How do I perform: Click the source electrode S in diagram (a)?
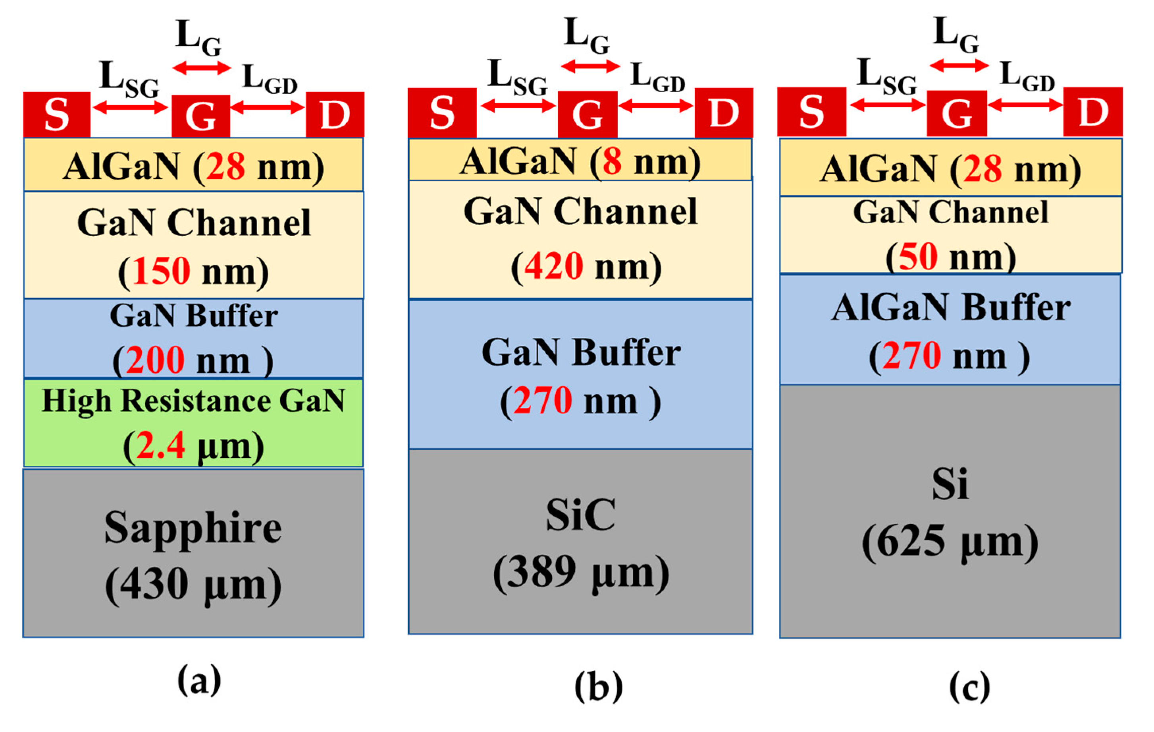tap(56, 114)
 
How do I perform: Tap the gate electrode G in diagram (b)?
tap(588, 114)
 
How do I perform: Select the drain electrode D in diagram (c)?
tap(1092, 112)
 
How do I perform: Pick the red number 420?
tap(553, 266)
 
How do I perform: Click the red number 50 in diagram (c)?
tap(918, 257)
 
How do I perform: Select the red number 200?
tap(155, 360)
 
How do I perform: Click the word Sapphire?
tap(193, 528)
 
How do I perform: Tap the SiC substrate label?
tap(580, 516)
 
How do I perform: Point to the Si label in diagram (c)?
tap(950, 484)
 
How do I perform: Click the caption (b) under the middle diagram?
tap(599, 687)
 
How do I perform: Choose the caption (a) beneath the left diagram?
tap(199, 680)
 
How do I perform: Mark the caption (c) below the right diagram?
tap(969, 687)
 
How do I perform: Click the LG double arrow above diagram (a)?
tap(202, 68)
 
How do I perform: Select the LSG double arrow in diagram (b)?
tap(518, 106)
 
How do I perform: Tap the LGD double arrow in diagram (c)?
tap(1025, 105)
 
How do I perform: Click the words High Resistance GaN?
tap(193, 401)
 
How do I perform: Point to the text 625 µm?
tap(950, 542)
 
